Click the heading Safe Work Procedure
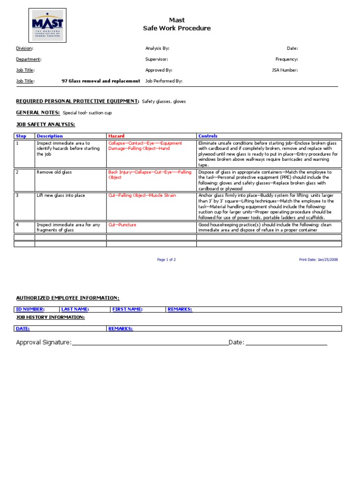pos(177,28)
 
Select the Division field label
pos(24,48)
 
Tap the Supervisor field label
pos(157,60)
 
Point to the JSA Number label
pos(285,70)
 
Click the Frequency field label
pos(286,60)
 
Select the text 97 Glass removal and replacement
pos(101,81)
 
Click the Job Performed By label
pos(164,81)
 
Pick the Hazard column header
pos(116,136)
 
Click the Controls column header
pos(208,136)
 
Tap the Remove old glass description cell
pos(54,172)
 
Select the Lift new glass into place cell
pos(61,195)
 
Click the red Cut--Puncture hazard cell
pos(122,225)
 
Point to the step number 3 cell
pos(17,195)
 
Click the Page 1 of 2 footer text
pos(166,259)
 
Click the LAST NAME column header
pos(75,309)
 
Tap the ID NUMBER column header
pos(30,309)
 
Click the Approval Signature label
pos(44,343)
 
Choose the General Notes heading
pos(38,112)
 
